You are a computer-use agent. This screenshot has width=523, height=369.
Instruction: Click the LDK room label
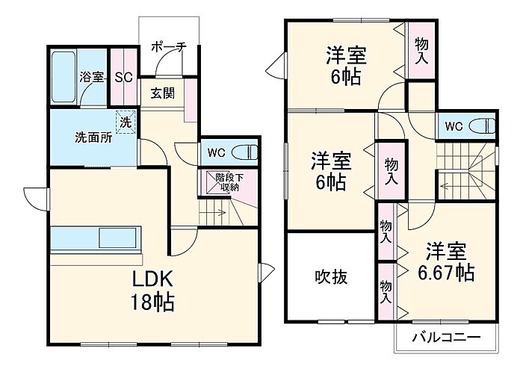click(x=152, y=279)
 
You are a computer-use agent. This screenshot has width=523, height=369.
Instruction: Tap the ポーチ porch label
click(x=169, y=47)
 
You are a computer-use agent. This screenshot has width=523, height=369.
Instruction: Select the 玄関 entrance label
click(x=162, y=93)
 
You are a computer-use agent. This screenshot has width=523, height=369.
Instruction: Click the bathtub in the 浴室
click(x=64, y=77)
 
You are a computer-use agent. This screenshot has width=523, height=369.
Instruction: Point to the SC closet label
click(x=124, y=78)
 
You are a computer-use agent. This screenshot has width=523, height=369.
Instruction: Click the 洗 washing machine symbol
click(x=126, y=123)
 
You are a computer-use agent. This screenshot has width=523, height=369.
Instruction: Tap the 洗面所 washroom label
click(x=93, y=137)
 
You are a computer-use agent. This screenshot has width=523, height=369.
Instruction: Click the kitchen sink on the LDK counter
click(x=117, y=238)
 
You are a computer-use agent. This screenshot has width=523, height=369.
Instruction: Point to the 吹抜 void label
click(x=331, y=276)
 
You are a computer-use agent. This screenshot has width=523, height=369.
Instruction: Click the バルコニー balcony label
click(x=446, y=338)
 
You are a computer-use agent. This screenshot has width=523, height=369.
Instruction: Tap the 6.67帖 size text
click(x=446, y=273)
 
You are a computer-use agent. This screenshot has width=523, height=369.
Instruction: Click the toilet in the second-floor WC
click(x=483, y=126)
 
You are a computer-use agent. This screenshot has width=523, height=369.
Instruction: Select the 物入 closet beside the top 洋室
click(x=421, y=51)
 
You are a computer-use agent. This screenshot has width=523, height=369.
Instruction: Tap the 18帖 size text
click(x=152, y=302)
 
